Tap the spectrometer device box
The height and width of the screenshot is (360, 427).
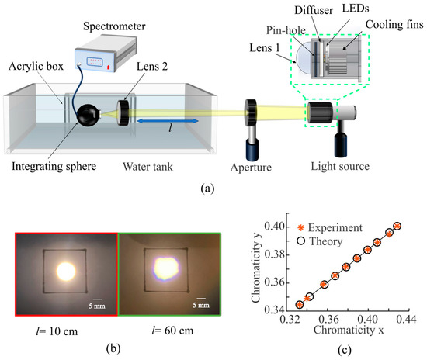[x=108, y=57]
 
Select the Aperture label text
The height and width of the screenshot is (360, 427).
[x=255, y=166]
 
